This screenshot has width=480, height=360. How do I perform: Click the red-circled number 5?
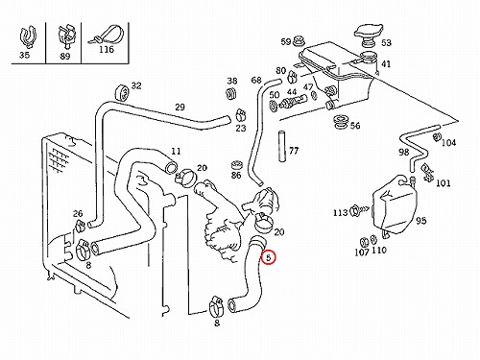tap(268, 257)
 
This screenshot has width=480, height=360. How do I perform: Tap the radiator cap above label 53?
tap(368, 34)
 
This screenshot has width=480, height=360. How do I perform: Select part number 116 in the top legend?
tap(107, 50)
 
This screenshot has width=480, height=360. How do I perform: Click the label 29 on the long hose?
tap(180, 107)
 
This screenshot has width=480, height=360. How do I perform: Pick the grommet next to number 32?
tap(121, 92)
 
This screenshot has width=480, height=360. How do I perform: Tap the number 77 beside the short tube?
tap(294, 151)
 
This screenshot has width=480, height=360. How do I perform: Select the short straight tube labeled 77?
tap(281, 146)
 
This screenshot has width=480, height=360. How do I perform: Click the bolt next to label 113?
tap(359, 210)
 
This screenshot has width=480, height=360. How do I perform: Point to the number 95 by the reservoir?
tap(421, 221)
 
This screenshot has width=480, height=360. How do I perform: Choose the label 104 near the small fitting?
tap(448, 142)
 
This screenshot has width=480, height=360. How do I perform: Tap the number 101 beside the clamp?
tap(444, 183)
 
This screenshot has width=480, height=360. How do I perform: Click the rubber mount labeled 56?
tap(341, 122)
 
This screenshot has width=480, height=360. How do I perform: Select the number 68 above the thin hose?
tap(256, 80)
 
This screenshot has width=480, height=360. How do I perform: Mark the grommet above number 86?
tap(236, 165)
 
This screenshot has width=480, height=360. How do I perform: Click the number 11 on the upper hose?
tap(176, 151)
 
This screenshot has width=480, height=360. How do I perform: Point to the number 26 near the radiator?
tap(78, 213)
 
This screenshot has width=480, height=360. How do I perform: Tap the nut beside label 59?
tap(300, 41)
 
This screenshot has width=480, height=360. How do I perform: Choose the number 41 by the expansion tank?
tap(386, 64)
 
